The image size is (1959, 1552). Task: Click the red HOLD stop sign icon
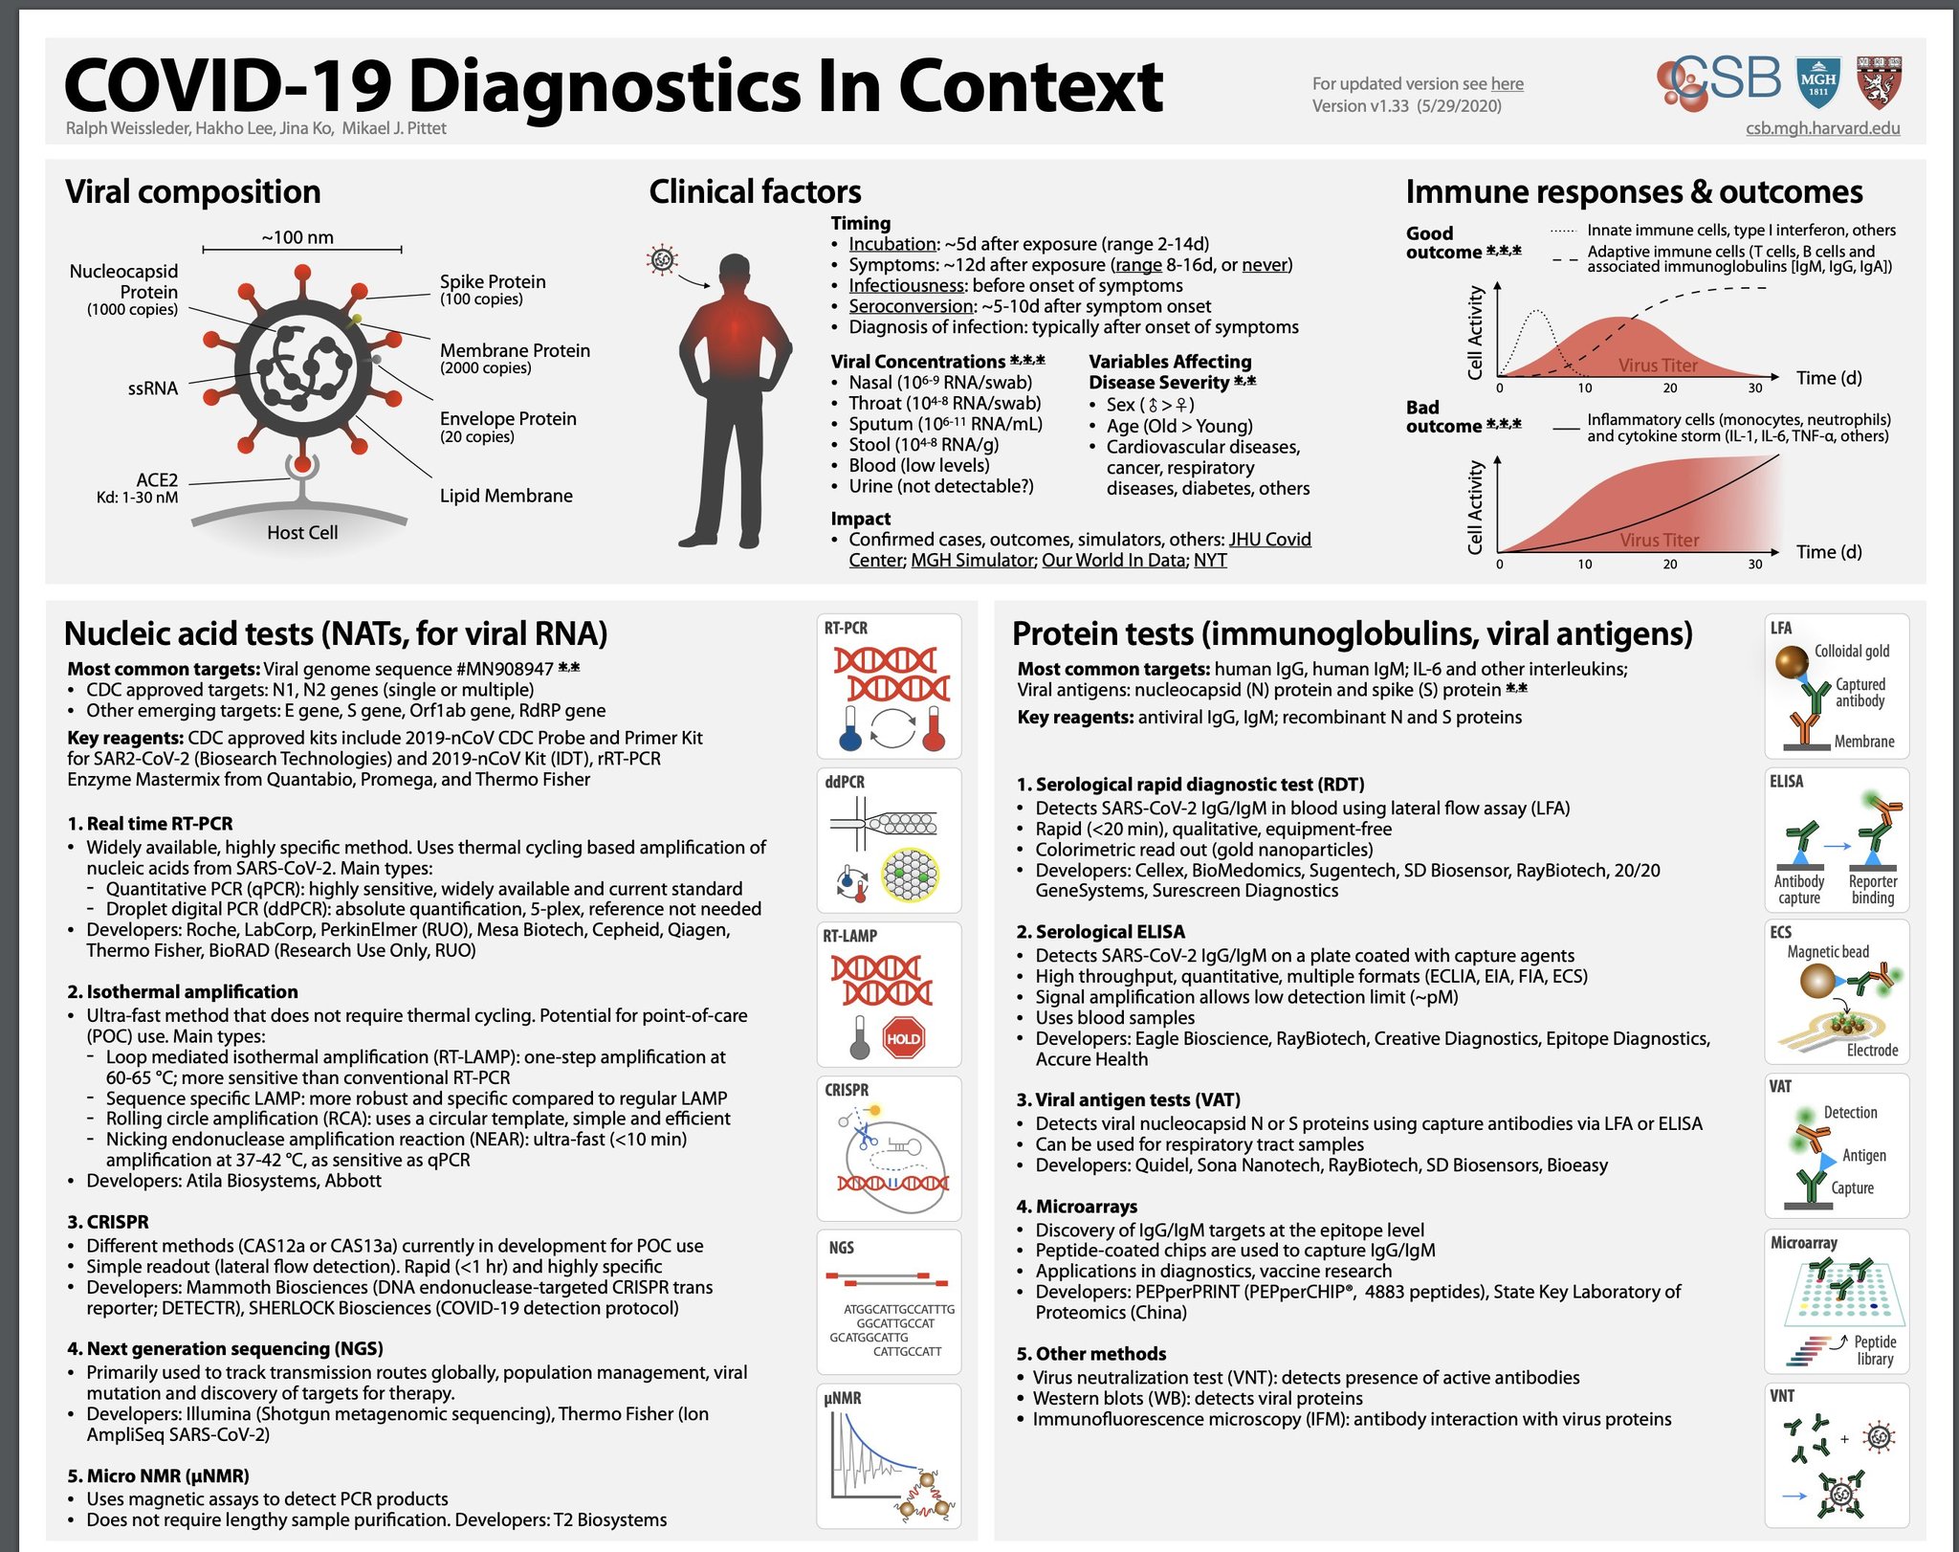pyautogui.click(x=903, y=1038)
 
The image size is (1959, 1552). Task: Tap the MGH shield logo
pyautogui.click(x=1817, y=81)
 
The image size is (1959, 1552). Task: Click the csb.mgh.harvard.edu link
pyautogui.click(x=1822, y=128)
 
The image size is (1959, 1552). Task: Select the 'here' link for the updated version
pyautogui.click(x=1507, y=84)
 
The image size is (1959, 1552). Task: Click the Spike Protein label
pyautogui.click(x=493, y=281)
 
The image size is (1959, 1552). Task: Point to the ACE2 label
pyautogui.click(x=157, y=479)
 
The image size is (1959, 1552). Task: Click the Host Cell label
pyautogui.click(x=302, y=533)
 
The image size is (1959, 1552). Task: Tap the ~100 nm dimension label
pyautogui.click(x=297, y=237)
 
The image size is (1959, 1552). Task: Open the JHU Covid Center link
pyautogui.click(x=1269, y=540)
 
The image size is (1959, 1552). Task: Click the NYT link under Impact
pyautogui.click(x=1210, y=561)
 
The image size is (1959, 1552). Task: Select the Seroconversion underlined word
pyautogui.click(x=910, y=306)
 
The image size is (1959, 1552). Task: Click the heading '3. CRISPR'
pyautogui.click(x=108, y=1222)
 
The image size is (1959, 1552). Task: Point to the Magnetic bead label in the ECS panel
pyautogui.click(x=1827, y=952)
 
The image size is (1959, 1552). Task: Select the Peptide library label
pyautogui.click(x=1874, y=1350)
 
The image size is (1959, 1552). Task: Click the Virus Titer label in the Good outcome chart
pyautogui.click(x=1658, y=366)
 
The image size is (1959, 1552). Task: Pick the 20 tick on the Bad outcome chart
pyautogui.click(x=1669, y=565)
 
